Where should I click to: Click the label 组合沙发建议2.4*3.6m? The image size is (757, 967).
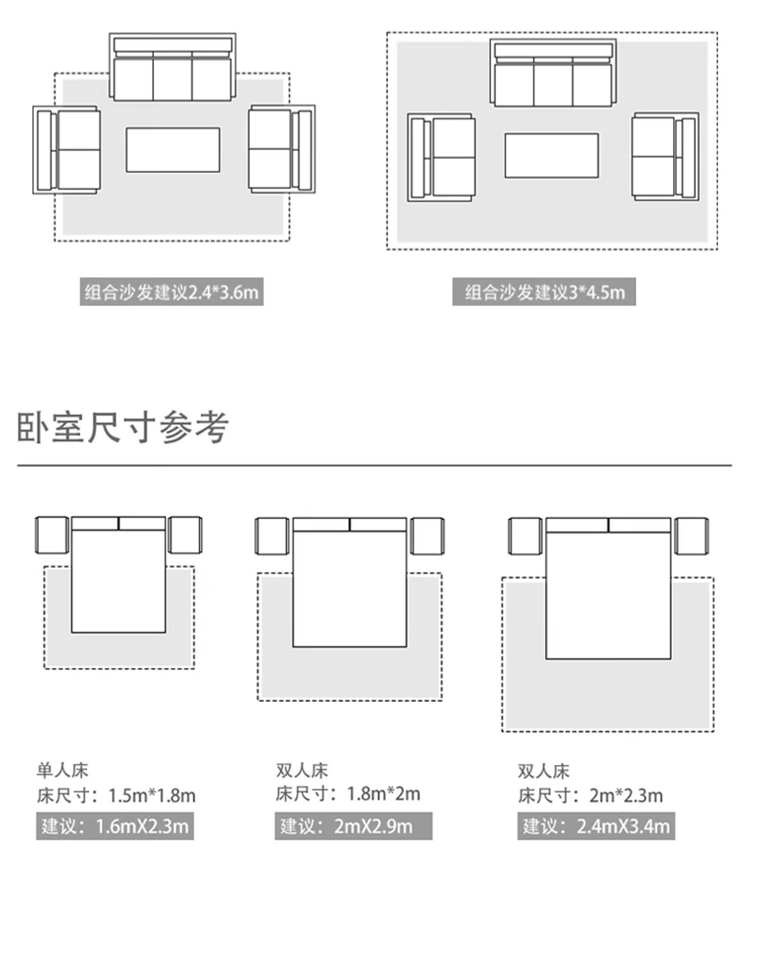point(171,292)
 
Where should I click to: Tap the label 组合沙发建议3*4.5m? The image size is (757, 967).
point(544,292)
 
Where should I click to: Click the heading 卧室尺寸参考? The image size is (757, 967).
point(123,427)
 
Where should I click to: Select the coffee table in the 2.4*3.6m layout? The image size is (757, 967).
point(172,150)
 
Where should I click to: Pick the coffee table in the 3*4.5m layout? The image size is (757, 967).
point(551,156)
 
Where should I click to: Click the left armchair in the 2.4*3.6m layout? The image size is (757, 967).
point(67,150)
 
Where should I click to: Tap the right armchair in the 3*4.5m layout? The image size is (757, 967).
point(665,157)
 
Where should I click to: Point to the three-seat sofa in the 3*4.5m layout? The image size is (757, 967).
point(553,74)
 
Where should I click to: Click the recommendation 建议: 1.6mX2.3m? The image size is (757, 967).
point(115,826)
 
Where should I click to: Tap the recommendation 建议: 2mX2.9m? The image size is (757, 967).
point(353,826)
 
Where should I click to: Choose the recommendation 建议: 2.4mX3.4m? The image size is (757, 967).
point(596,826)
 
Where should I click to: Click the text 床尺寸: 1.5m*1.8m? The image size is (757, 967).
point(116,795)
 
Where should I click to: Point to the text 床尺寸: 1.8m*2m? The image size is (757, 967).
point(348,794)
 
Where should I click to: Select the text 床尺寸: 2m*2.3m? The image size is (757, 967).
point(590,795)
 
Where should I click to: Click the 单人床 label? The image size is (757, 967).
point(62,770)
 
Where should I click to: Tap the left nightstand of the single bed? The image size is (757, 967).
point(52,535)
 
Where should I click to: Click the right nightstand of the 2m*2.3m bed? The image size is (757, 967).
point(692,536)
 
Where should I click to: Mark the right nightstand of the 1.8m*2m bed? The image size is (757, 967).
point(427,536)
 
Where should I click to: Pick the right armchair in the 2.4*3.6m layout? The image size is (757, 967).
point(282,149)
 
